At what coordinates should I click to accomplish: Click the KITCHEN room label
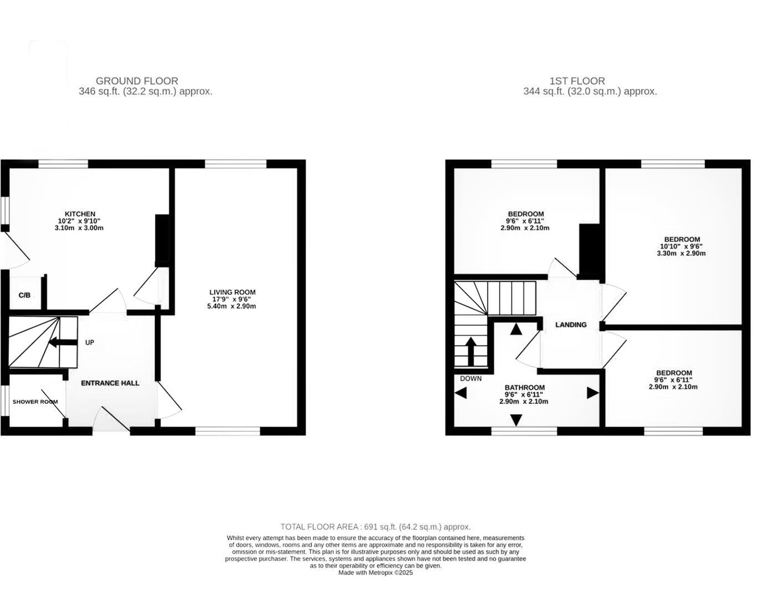[80, 214]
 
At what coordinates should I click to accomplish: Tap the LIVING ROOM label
[232, 292]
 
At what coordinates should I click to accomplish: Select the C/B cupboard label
[24, 296]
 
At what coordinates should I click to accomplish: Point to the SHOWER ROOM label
[35, 402]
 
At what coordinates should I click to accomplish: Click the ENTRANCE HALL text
[110, 383]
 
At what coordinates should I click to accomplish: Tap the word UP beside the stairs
[90, 343]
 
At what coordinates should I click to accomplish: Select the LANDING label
[571, 325]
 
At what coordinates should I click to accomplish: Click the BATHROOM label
[524, 388]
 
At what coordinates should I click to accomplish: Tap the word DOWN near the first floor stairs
[470, 379]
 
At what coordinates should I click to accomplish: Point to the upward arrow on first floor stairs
[470, 351]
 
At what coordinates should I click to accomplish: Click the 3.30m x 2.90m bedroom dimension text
[681, 254]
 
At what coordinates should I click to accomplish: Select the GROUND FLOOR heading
[137, 81]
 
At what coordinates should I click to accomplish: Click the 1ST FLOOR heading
[577, 81]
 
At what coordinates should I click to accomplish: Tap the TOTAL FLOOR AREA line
[375, 527]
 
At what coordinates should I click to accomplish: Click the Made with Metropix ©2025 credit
[375, 573]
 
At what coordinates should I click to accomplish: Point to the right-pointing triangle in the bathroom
[592, 393]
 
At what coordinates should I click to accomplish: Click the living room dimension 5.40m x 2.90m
[232, 306]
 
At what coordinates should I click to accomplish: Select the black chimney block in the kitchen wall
[162, 238]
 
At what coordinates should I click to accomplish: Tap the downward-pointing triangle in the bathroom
[516, 420]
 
